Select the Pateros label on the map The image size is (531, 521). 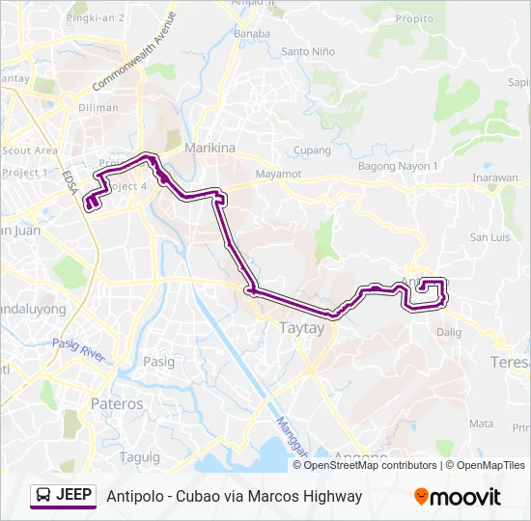(x=116, y=403)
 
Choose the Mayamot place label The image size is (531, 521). (x=278, y=174)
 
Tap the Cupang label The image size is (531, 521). (x=312, y=151)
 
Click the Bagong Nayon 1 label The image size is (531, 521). (x=399, y=166)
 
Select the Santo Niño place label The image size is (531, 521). (x=307, y=51)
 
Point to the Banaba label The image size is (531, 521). (x=252, y=34)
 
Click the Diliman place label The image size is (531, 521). (x=99, y=108)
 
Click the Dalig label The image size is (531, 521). (x=449, y=332)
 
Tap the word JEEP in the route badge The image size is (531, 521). (x=74, y=496)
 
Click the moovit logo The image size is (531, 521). (x=458, y=497)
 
